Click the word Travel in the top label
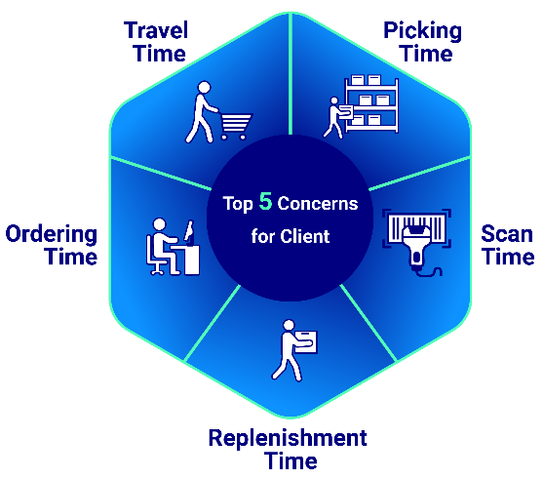pyautogui.click(x=156, y=30)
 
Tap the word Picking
pyautogui.click(x=422, y=31)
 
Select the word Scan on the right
pyautogui.click(x=507, y=233)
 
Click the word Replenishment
pyautogui.click(x=288, y=438)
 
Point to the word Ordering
pyautogui.click(x=52, y=235)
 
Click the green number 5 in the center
pyautogui.click(x=265, y=201)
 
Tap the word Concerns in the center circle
pyautogui.click(x=318, y=203)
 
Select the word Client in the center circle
pyautogui.click(x=305, y=236)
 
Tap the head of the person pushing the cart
pyautogui.click(x=205, y=88)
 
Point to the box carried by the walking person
pyautogui.click(x=305, y=342)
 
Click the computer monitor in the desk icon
pyautogui.click(x=189, y=231)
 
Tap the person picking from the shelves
pyautogui.click(x=335, y=118)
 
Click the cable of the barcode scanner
pyautogui.click(x=429, y=272)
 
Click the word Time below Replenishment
pyautogui.click(x=291, y=460)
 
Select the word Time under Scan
pyautogui.click(x=508, y=257)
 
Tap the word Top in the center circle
pyautogui.click(x=238, y=204)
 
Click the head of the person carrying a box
pyautogui.click(x=289, y=326)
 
